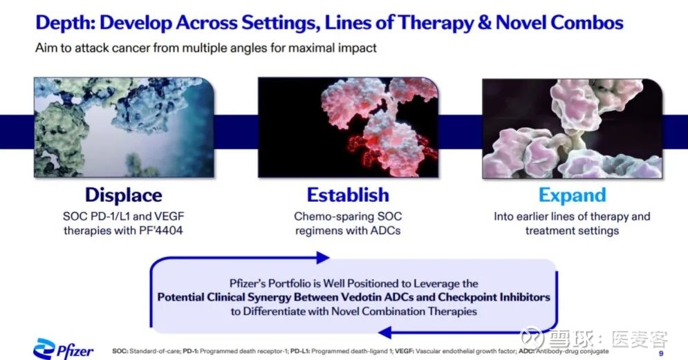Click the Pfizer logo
[x=64, y=349]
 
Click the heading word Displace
[x=124, y=195]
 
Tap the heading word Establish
[x=348, y=195]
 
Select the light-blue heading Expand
[x=572, y=196]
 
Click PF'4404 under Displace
[x=161, y=231]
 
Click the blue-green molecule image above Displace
[x=124, y=128]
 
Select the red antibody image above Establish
[x=348, y=128]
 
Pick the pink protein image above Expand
[x=572, y=129]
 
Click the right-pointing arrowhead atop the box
[x=323, y=258]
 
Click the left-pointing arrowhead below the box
[x=384, y=333]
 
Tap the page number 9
[x=661, y=353]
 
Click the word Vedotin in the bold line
[x=361, y=297]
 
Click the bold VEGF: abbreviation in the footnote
[x=404, y=351]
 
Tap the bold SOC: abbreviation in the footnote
[x=120, y=351]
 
